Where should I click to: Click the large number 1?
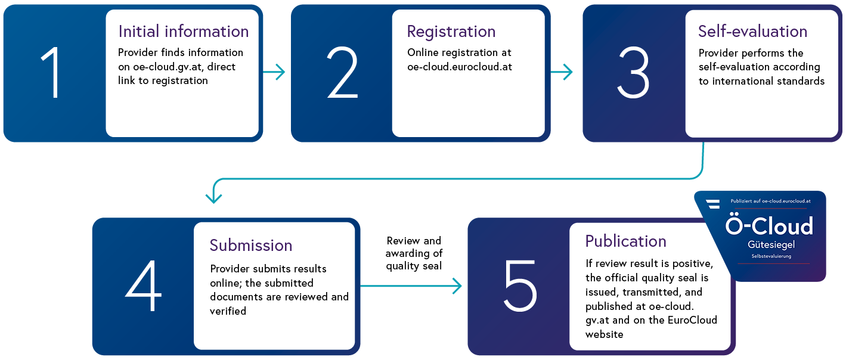(x=51, y=72)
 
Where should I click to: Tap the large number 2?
(x=342, y=72)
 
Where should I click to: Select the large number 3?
(x=633, y=72)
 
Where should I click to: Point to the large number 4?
(x=144, y=285)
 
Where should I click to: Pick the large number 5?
(x=520, y=285)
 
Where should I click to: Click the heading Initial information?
(x=184, y=32)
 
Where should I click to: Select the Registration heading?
(x=451, y=32)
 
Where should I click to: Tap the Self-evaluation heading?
(x=753, y=32)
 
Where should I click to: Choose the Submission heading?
(x=251, y=246)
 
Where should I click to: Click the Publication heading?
(x=626, y=241)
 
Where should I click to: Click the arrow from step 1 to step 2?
(x=274, y=72)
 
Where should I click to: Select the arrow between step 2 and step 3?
(x=562, y=72)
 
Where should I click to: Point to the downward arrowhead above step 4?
(x=214, y=198)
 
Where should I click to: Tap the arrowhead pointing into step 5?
(x=457, y=286)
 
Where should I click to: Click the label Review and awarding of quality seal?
(x=414, y=253)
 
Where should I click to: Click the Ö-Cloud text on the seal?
(x=769, y=225)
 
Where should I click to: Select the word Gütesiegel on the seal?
(x=771, y=245)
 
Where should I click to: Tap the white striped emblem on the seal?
(x=713, y=204)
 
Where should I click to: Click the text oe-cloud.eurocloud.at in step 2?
(x=460, y=67)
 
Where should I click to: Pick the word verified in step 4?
(x=228, y=311)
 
